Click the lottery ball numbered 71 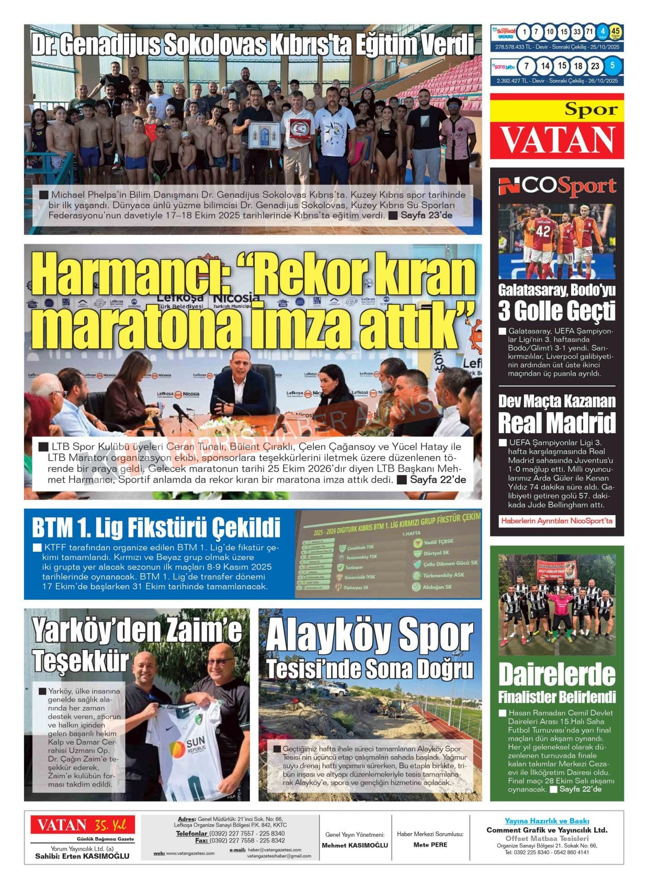click(x=590, y=32)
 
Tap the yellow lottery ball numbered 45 click(x=616, y=32)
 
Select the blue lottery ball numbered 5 click(x=612, y=66)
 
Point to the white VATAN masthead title click(x=557, y=140)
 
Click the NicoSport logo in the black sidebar click(x=557, y=186)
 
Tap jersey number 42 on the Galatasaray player click(x=543, y=231)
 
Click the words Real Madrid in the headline click(x=557, y=423)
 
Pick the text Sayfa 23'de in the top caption click(x=426, y=215)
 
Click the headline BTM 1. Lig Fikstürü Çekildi click(x=156, y=528)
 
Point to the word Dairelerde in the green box click(x=557, y=675)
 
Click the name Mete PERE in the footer click(x=430, y=845)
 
